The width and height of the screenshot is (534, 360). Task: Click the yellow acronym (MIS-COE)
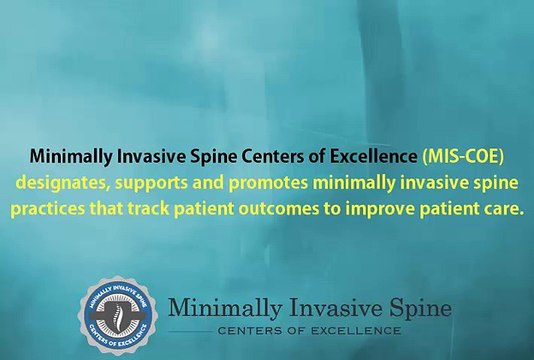tap(464, 157)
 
